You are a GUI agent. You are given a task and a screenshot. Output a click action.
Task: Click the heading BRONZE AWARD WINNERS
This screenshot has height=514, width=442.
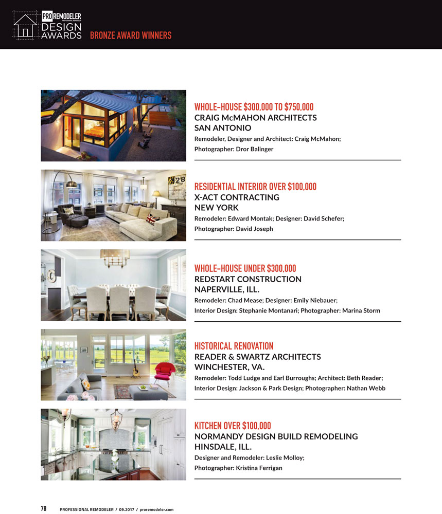click(x=131, y=35)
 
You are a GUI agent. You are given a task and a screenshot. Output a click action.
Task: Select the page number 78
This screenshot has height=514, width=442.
click(x=44, y=509)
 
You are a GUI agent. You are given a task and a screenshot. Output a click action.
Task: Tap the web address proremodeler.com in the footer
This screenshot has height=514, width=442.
click(x=156, y=509)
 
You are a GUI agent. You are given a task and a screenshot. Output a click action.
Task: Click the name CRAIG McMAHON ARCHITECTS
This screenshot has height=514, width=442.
click(x=255, y=118)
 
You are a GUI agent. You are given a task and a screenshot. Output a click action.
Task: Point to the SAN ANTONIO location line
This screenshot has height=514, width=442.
click(x=222, y=128)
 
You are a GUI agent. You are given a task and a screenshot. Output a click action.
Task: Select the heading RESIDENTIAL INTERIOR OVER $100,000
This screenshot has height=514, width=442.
click(x=255, y=187)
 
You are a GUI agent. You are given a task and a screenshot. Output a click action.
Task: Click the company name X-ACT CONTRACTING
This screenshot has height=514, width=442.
click(x=237, y=197)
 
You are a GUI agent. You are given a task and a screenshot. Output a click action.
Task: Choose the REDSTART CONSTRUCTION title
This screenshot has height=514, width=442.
click(x=247, y=279)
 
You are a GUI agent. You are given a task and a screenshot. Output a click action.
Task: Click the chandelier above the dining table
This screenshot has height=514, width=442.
click(x=114, y=256)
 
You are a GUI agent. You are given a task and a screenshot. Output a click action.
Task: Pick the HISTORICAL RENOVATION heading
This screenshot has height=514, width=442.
click(x=234, y=346)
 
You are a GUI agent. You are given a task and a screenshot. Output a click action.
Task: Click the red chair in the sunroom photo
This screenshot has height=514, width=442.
click(x=164, y=370)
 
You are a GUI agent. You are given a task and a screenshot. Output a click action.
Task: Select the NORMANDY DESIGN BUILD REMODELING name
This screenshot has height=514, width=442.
click(x=276, y=436)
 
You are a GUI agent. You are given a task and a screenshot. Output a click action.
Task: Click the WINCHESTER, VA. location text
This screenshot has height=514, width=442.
click(x=229, y=367)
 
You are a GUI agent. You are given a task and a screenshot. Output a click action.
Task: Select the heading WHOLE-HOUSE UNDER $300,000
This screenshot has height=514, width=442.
click(x=245, y=268)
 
